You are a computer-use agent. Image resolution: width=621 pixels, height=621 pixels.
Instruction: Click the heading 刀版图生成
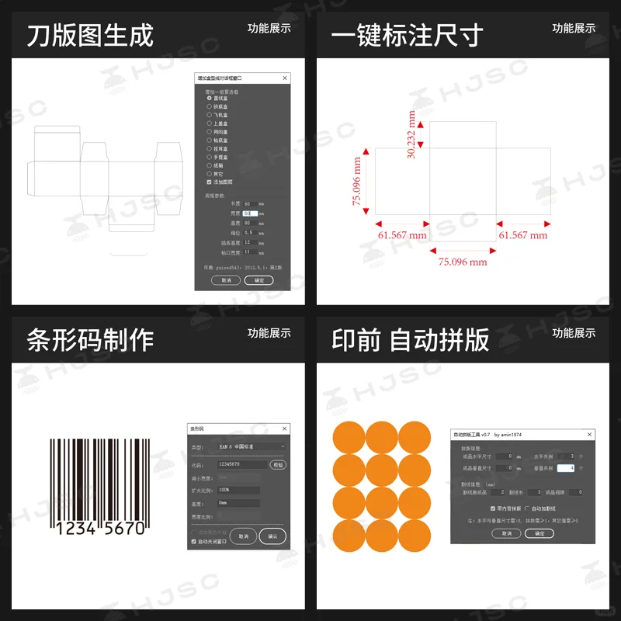pos(90,35)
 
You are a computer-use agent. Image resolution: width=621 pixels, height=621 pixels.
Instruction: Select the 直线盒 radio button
pos(209,99)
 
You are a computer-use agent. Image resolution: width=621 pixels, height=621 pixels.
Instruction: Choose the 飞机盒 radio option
pos(209,115)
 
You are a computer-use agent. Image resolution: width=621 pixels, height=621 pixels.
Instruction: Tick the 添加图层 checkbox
pos(209,182)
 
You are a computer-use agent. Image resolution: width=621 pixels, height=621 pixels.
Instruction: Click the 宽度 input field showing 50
pos(249,213)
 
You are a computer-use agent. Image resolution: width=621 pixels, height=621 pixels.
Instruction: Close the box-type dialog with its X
pos(285,78)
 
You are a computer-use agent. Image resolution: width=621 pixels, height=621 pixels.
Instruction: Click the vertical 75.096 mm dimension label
pos(358,180)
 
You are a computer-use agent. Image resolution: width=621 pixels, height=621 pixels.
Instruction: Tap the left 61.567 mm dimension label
pos(402,234)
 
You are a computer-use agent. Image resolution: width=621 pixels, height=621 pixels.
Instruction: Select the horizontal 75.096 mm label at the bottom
pos(463,262)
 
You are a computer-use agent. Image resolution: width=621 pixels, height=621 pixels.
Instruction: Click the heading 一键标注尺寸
pos(407,35)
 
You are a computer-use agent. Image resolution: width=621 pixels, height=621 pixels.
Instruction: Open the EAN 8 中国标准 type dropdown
pos(247,447)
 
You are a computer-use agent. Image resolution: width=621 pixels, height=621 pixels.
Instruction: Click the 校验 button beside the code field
pos(277,464)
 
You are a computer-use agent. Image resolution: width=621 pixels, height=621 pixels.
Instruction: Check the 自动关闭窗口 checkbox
pos(194,541)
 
